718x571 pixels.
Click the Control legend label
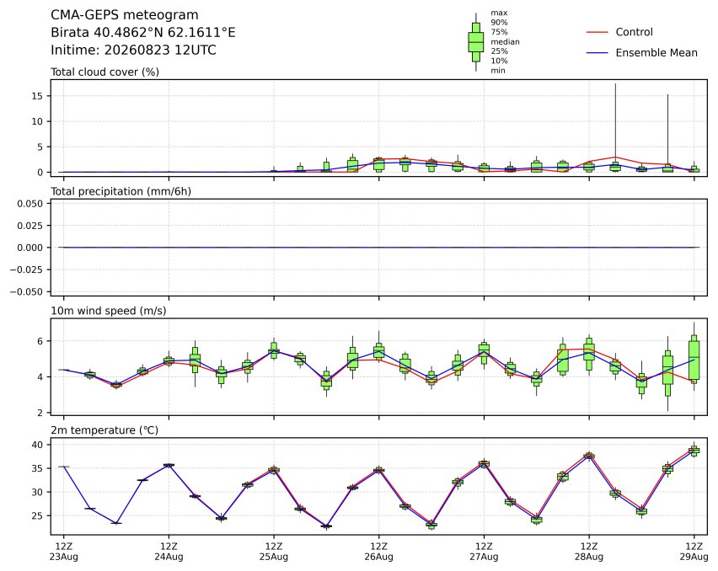tap(634, 32)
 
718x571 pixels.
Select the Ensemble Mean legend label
tap(656, 53)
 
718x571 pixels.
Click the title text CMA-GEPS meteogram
tap(125, 15)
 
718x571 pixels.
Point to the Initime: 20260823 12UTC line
tap(133, 50)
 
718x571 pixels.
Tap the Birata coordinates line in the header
tap(143, 33)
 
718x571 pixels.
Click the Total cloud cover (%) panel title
tap(104, 72)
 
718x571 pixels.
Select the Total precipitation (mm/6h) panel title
tap(121, 191)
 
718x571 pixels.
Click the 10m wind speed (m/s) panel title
tap(109, 311)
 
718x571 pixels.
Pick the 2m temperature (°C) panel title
tap(104, 430)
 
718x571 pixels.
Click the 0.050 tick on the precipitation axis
tap(30, 204)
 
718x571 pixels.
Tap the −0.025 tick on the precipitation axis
tap(27, 270)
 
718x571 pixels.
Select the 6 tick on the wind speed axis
tap(40, 341)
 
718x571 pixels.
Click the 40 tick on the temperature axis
tap(38, 445)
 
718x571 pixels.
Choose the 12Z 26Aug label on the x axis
tap(378, 552)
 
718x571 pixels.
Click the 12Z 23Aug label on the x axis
tap(64, 552)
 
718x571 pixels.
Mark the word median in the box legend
tap(505, 41)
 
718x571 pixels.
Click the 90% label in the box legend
tap(499, 23)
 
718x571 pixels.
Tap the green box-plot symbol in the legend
tap(476, 42)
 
